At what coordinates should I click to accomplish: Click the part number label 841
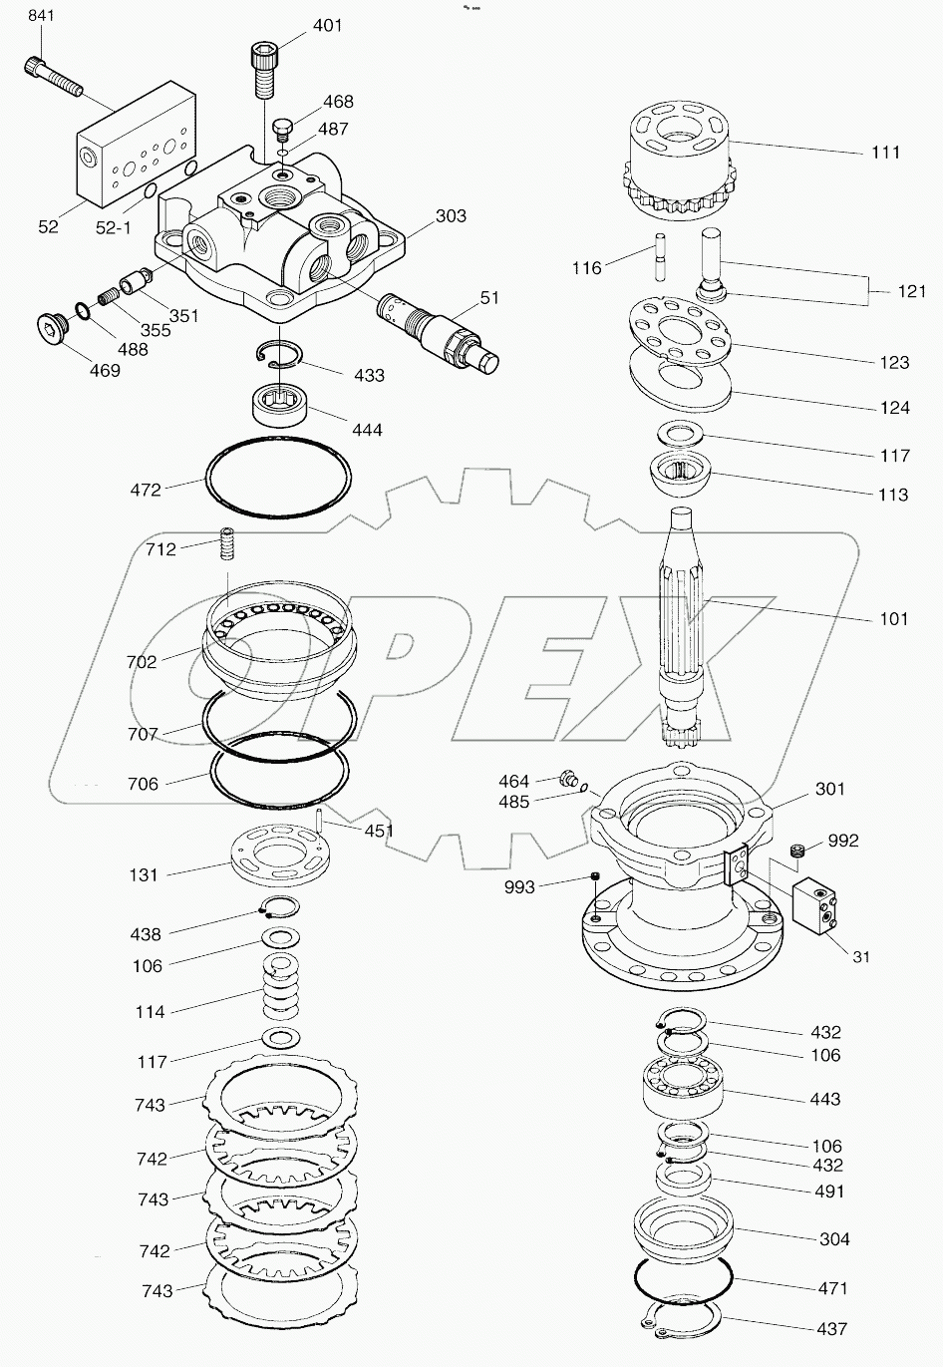click(41, 16)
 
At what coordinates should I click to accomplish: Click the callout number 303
click(451, 216)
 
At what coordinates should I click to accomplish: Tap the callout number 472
click(146, 490)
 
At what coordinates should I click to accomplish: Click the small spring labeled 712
click(228, 545)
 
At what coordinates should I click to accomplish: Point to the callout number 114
click(150, 1012)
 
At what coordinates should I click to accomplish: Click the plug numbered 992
click(795, 850)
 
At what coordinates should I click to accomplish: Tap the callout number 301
click(829, 789)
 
